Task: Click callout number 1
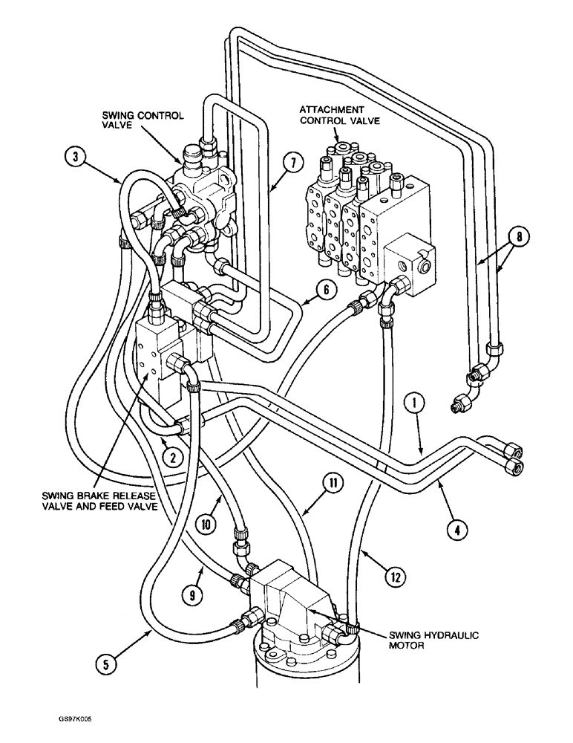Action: [415, 404]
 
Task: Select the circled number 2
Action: [172, 457]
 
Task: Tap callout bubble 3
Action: [73, 157]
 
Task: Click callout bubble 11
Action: [332, 484]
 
